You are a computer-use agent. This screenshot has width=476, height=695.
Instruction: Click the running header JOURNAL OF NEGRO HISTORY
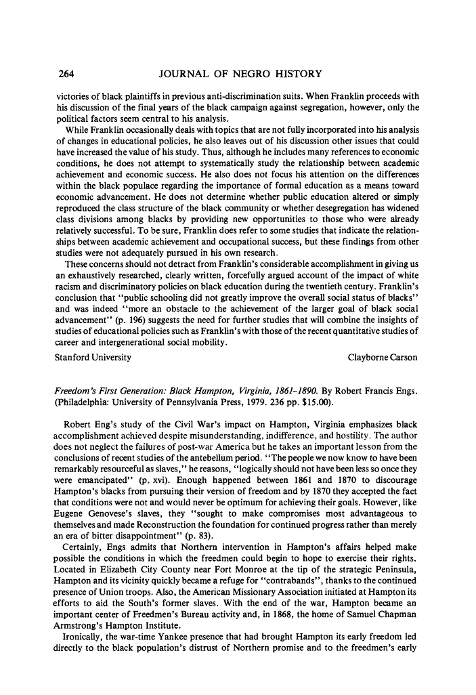pos(238,73)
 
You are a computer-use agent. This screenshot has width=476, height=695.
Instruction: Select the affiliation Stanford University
pos(93,356)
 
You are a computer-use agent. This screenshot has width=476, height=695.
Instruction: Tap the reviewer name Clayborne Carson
pos(385,356)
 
